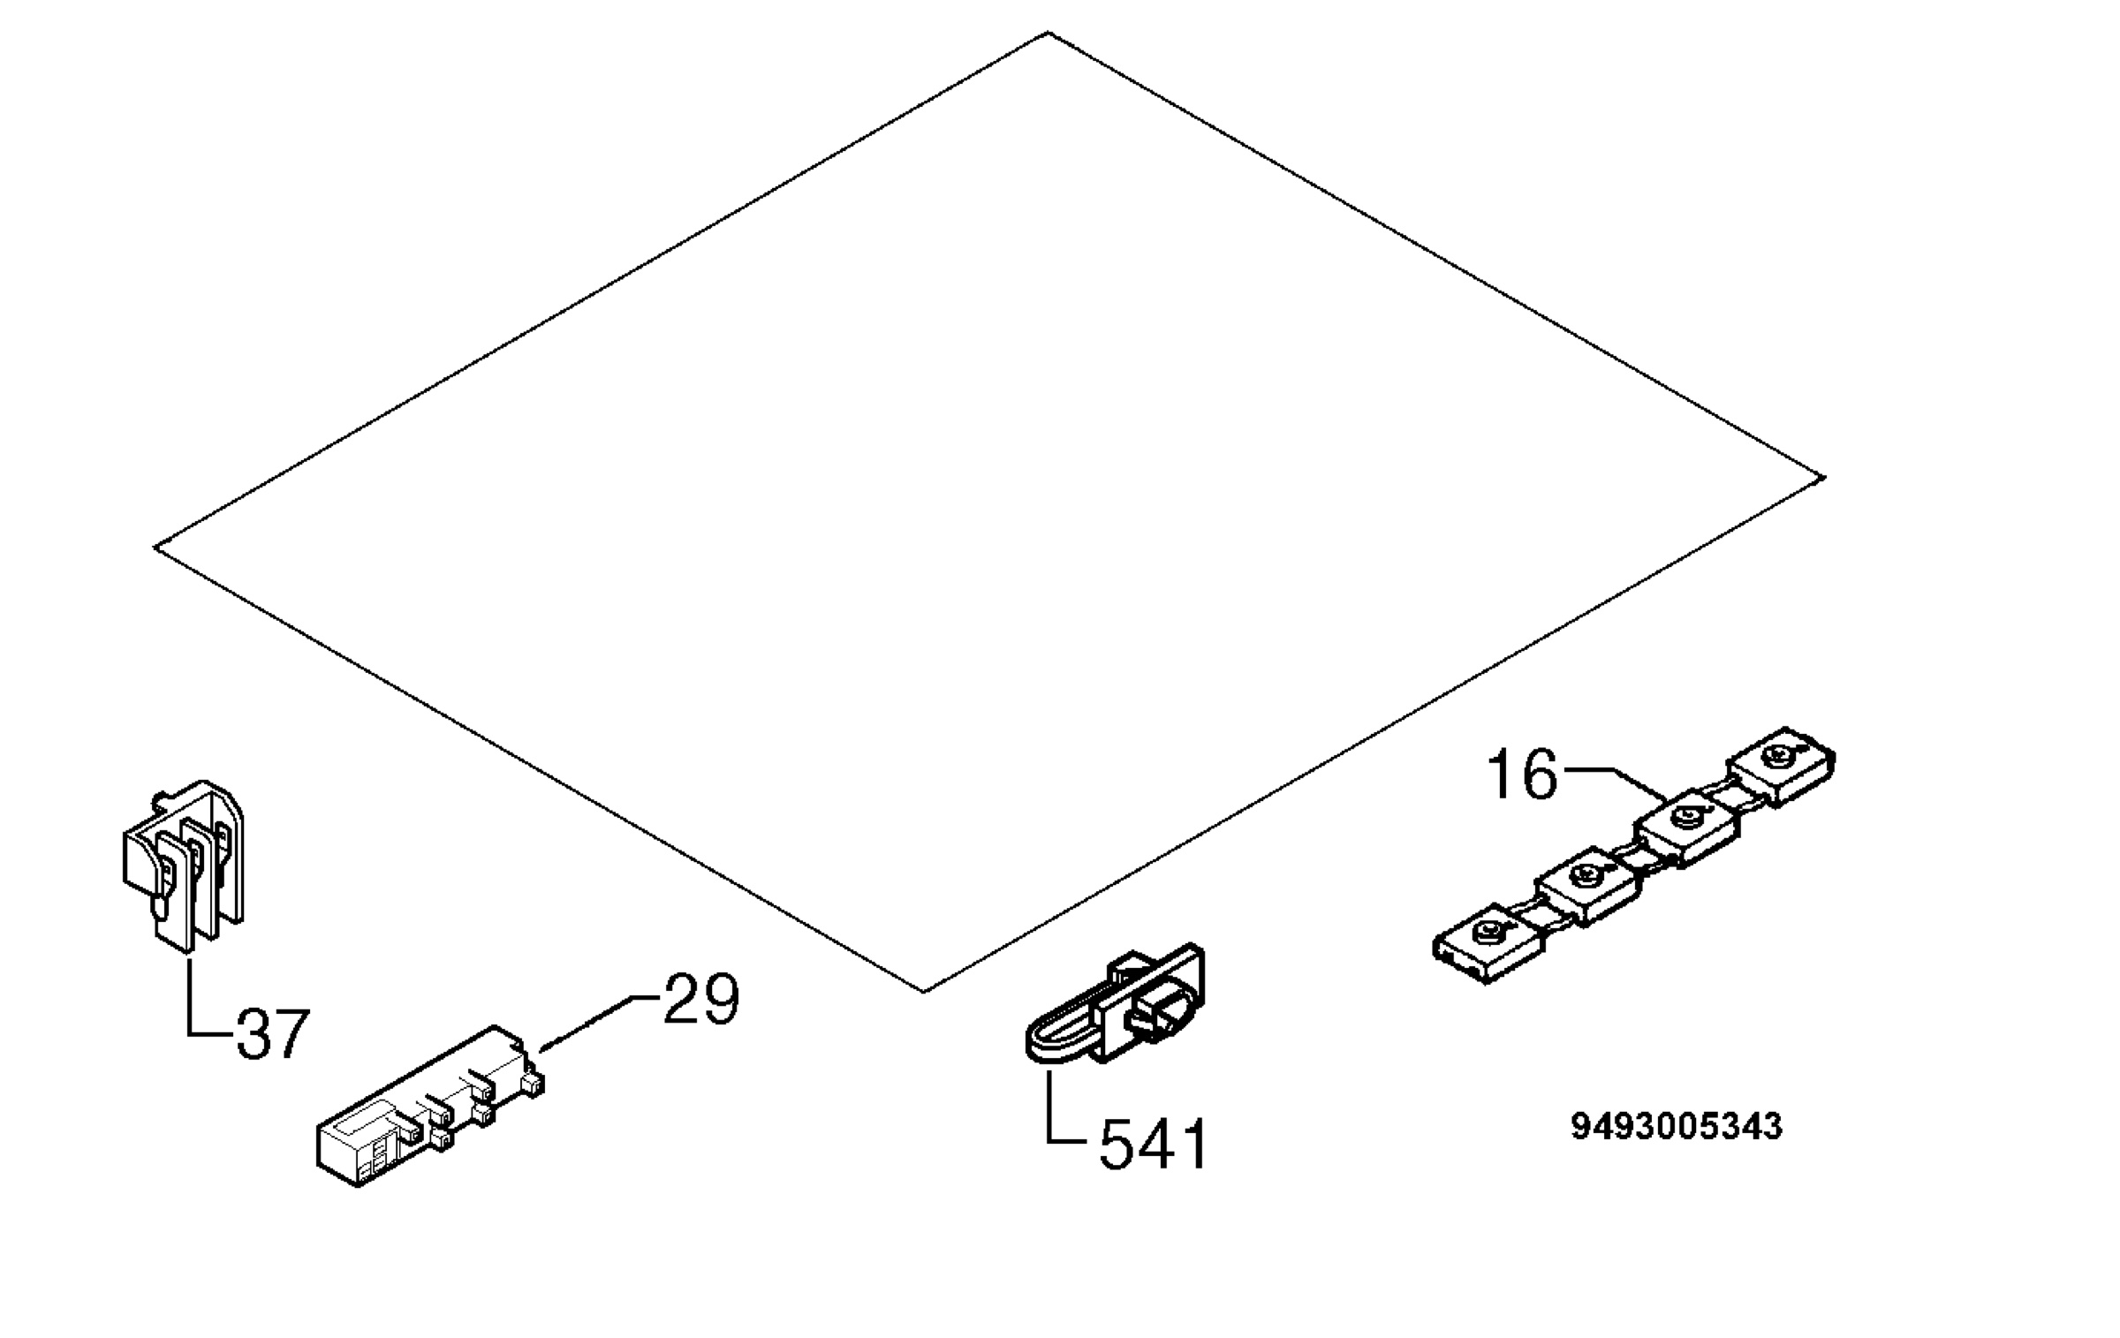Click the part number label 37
point(273,1033)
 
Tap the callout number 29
point(700,999)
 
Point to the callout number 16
point(1522,775)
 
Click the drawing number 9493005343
point(1677,1126)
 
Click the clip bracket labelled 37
point(184,860)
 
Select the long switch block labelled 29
point(429,1107)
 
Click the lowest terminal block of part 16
point(1489,942)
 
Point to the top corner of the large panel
point(1049,33)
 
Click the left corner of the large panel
point(155,548)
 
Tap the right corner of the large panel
point(1824,478)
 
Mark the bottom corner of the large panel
point(923,992)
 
